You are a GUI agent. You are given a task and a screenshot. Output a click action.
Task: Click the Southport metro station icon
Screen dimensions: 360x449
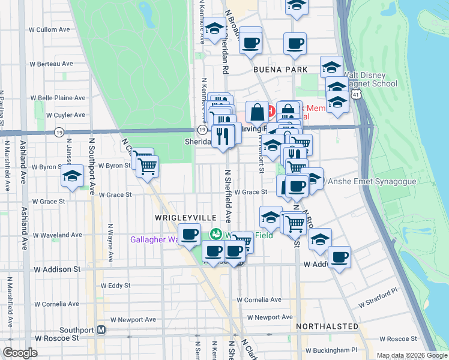[101, 330]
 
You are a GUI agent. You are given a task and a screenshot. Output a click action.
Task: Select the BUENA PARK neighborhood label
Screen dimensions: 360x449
[276, 70]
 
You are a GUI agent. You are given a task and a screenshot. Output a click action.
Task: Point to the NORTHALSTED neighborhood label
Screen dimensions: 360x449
[327, 326]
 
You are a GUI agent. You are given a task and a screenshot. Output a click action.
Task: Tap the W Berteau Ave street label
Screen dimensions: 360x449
[52, 64]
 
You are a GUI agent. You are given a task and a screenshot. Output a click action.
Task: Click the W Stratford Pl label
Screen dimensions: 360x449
[379, 306]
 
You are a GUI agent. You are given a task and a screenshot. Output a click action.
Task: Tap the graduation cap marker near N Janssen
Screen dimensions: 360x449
[72, 176]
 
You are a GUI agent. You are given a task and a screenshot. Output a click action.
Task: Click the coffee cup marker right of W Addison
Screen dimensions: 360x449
[340, 257]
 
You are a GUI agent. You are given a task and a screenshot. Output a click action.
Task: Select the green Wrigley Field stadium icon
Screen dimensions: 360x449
[215, 234]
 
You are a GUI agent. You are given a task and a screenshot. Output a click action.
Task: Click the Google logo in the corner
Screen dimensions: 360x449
[20, 353]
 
